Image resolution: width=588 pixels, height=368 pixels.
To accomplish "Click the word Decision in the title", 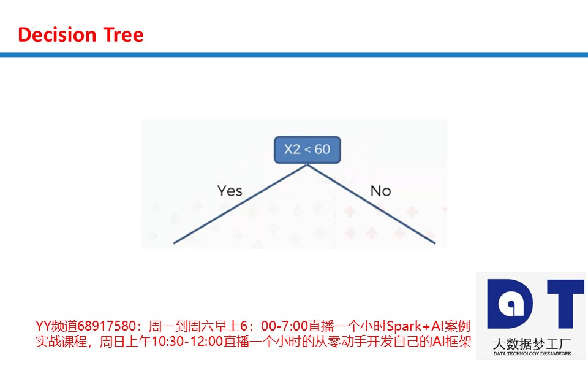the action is point(58,34).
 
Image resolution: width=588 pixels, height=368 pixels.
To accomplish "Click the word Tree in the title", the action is point(123,34).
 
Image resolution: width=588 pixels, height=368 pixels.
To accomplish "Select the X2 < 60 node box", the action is point(307,150).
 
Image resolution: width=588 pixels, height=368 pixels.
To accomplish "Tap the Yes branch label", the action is point(230,191).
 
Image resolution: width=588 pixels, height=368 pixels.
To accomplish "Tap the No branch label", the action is point(380,191).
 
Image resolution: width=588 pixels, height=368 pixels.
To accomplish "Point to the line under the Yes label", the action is point(240,204).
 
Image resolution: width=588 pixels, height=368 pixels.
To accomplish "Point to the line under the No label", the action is point(371,204).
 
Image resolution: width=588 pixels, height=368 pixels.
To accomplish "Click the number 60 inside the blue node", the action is point(322,150).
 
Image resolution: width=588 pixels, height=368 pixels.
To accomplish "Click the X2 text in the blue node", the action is point(292,150).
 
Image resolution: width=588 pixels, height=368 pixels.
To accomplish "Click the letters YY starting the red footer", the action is point(43,326).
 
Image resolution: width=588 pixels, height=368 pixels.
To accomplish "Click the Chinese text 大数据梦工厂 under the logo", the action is point(532,344).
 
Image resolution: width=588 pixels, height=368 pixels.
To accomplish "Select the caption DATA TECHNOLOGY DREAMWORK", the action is point(532,353).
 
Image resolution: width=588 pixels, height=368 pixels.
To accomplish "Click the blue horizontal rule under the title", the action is point(294,55).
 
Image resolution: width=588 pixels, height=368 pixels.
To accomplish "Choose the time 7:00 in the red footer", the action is point(295,326).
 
